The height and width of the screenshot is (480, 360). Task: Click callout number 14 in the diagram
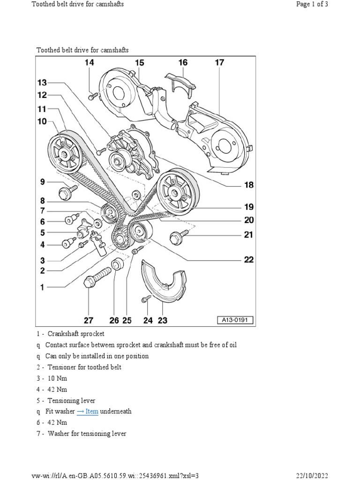coord(89,63)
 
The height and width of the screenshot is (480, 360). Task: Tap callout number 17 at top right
coord(219,63)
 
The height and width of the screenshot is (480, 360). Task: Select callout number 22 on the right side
coord(248,260)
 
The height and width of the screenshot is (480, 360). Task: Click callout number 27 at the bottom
coord(89,321)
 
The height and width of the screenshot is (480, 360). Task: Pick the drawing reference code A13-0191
coord(234,321)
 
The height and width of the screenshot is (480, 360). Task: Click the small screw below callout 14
coord(92,96)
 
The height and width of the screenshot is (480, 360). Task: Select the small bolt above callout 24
coord(145,298)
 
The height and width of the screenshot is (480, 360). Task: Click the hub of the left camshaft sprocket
coord(63,152)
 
